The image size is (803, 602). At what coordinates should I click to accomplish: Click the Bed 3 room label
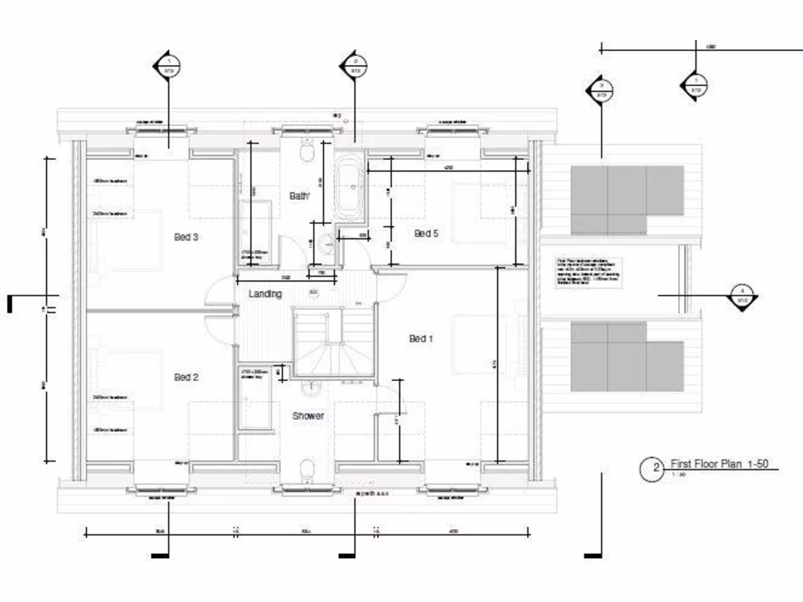click(x=185, y=237)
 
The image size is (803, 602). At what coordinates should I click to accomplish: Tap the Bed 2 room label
click(x=186, y=377)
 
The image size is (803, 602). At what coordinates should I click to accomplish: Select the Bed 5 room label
click(x=426, y=233)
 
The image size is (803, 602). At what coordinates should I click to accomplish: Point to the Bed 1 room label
click(x=421, y=339)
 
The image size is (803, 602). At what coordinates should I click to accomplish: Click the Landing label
click(x=265, y=294)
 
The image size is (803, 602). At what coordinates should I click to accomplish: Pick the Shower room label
click(x=308, y=415)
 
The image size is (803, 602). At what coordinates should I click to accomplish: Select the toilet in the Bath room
click(x=307, y=150)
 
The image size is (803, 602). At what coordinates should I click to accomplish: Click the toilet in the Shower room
click(x=307, y=469)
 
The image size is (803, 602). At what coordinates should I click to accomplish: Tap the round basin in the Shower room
click(x=311, y=386)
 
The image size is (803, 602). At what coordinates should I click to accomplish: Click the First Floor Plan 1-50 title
click(x=718, y=464)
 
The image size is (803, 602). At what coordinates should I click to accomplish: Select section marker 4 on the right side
click(x=741, y=296)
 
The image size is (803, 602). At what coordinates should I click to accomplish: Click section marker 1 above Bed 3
click(x=168, y=66)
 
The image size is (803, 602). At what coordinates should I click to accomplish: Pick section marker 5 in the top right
click(x=694, y=85)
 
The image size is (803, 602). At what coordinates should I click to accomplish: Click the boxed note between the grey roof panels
click(x=588, y=272)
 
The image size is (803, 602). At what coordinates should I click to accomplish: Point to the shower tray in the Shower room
click(x=255, y=400)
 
